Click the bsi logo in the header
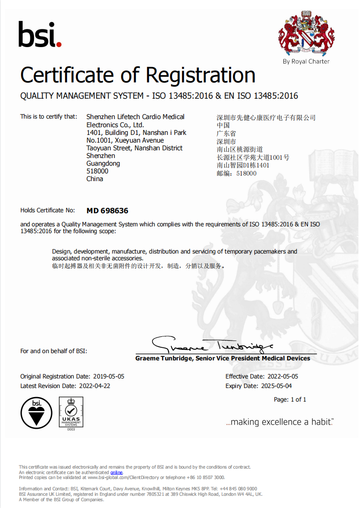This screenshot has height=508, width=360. pos(39,35)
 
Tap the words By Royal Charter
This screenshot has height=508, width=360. pos(306,62)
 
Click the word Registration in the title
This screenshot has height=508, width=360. pos(202,75)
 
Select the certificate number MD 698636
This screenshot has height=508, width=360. pos(107,211)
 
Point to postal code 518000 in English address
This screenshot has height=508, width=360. pos(97,171)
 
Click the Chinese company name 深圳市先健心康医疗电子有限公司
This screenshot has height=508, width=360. pos(266,118)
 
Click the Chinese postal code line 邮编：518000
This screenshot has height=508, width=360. pos(237,173)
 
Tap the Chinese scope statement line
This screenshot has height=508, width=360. pos(138,266)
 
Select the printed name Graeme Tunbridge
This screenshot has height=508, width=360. pos(164,359)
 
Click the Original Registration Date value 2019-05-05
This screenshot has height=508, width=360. pos(109,377)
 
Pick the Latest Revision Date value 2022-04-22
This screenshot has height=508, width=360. pos(95,386)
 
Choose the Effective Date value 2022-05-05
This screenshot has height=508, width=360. pos(282,377)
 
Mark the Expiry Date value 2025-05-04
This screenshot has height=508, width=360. pos(277,386)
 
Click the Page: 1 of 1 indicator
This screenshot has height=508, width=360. pos(290,400)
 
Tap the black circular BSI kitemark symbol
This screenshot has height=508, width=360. pos(36,412)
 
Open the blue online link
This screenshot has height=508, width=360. pos(116,472)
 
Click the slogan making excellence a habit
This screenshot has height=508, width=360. pos(279,422)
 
